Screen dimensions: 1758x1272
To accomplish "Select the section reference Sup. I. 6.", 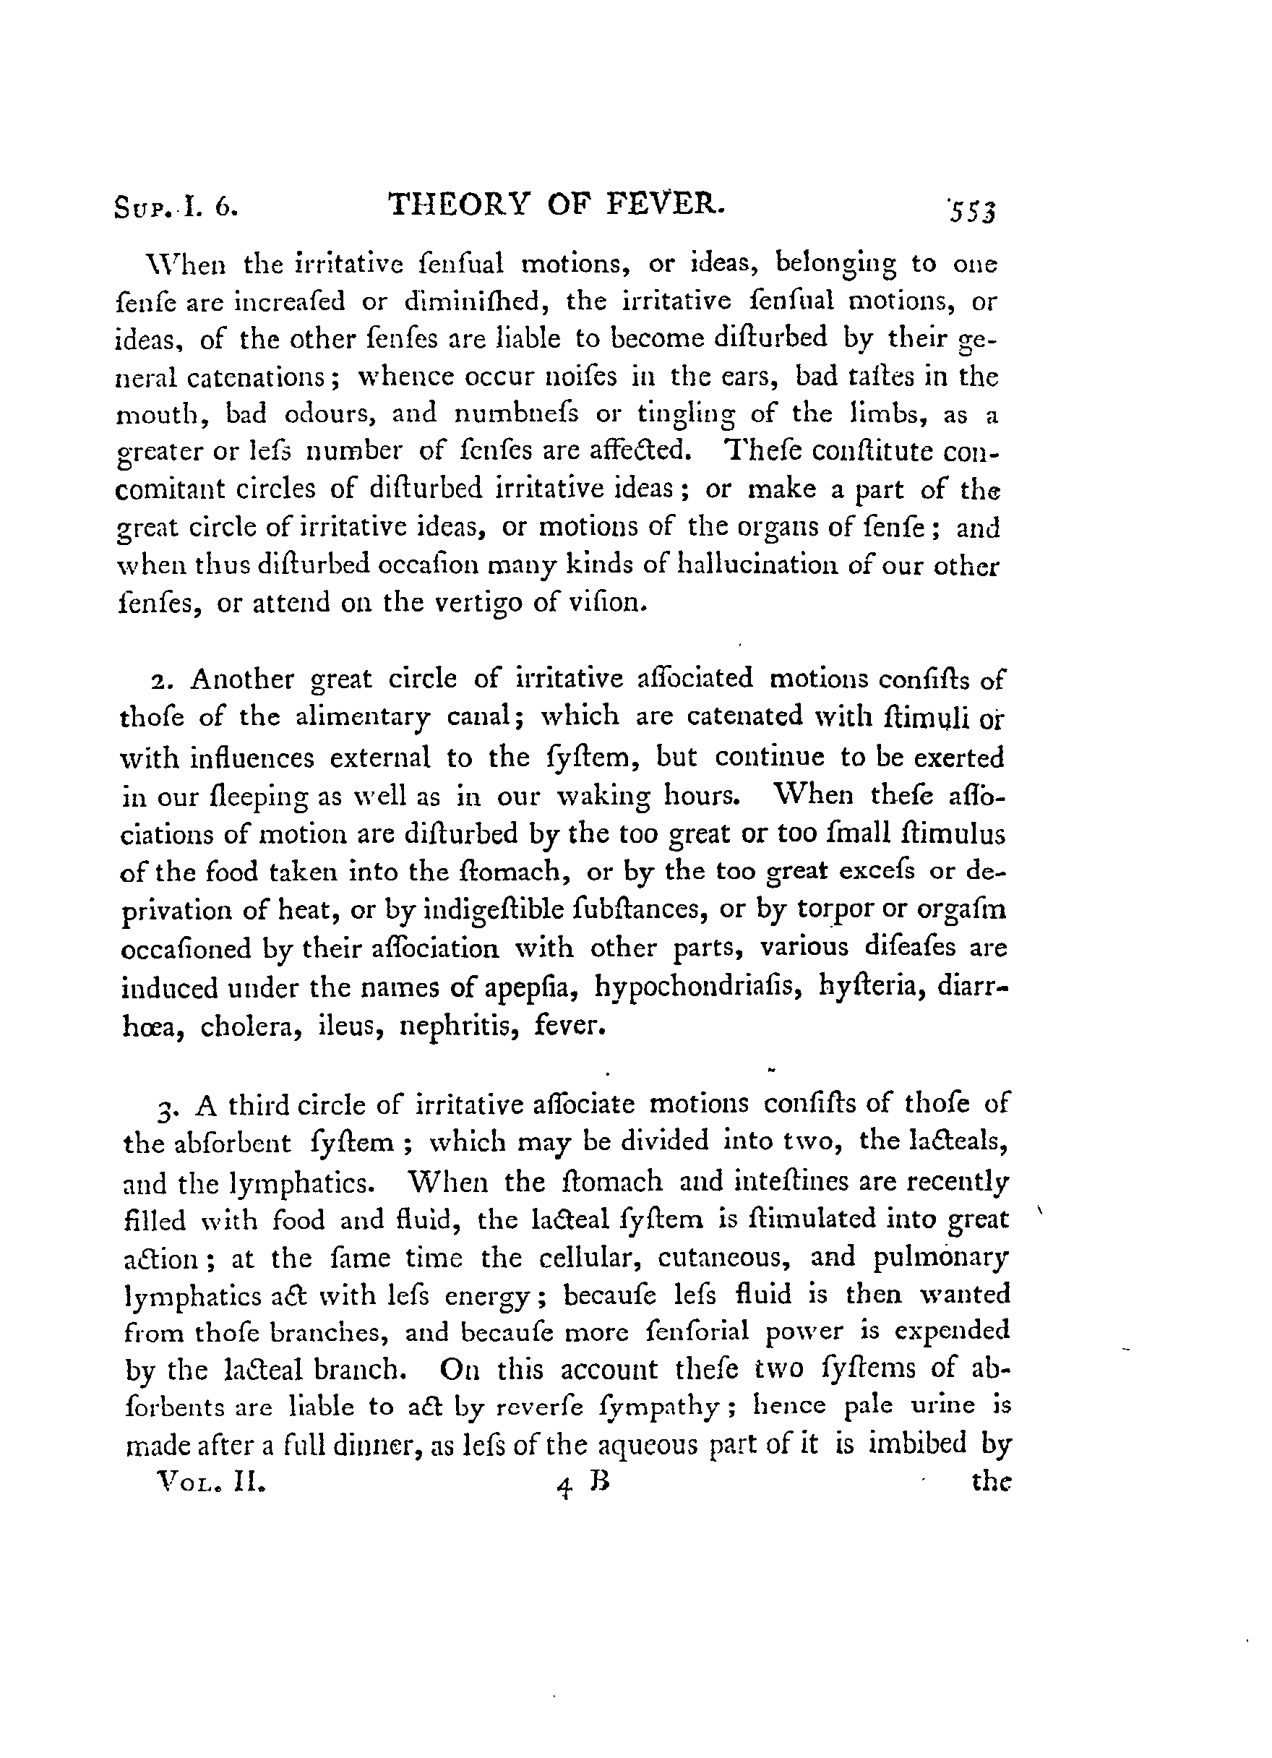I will click(x=175, y=208).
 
